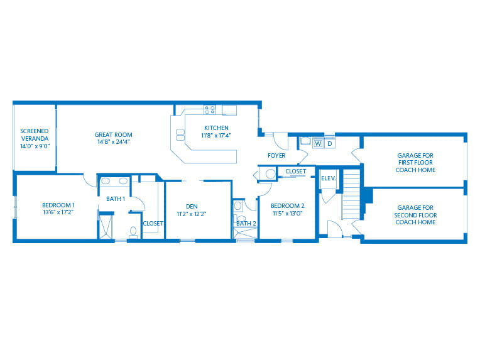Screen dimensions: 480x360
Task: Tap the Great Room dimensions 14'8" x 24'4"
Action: pyautogui.click(x=114, y=142)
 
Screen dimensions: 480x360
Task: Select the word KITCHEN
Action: pyautogui.click(x=216, y=128)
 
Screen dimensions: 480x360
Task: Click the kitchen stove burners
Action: pyautogui.click(x=210, y=110)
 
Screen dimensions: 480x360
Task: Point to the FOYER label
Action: pyautogui.click(x=276, y=156)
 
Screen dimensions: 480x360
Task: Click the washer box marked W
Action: pyautogui.click(x=318, y=144)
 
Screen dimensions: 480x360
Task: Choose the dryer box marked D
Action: pyautogui.click(x=330, y=144)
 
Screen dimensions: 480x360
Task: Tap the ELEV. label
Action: pyautogui.click(x=329, y=178)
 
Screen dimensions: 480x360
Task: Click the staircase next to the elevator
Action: pyautogui.click(x=351, y=194)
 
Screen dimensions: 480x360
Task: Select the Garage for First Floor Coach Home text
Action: pyautogui.click(x=415, y=163)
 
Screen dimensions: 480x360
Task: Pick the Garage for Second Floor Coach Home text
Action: pyautogui.click(x=415, y=215)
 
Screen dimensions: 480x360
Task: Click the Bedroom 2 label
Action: pyautogui.click(x=288, y=205)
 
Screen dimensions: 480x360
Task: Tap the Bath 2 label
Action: pyautogui.click(x=246, y=224)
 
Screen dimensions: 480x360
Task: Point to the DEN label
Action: pyautogui.click(x=192, y=207)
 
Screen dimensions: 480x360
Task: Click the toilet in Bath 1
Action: pyautogui.click(x=133, y=232)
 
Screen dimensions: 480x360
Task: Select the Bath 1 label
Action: pyautogui.click(x=116, y=199)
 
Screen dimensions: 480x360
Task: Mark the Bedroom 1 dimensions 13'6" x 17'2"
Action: pyautogui.click(x=58, y=212)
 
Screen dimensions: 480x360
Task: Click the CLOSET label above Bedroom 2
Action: pyautogui.click(x=296, y=172)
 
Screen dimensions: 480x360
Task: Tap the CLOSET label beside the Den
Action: pyautogui.click(x=153, y=224)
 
